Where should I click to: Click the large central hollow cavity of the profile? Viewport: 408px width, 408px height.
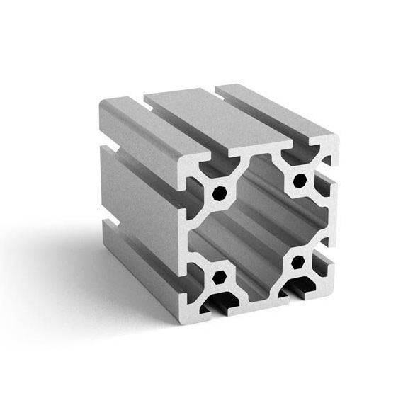(259, 227)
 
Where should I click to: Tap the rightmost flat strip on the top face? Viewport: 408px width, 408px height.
(276, 113)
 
